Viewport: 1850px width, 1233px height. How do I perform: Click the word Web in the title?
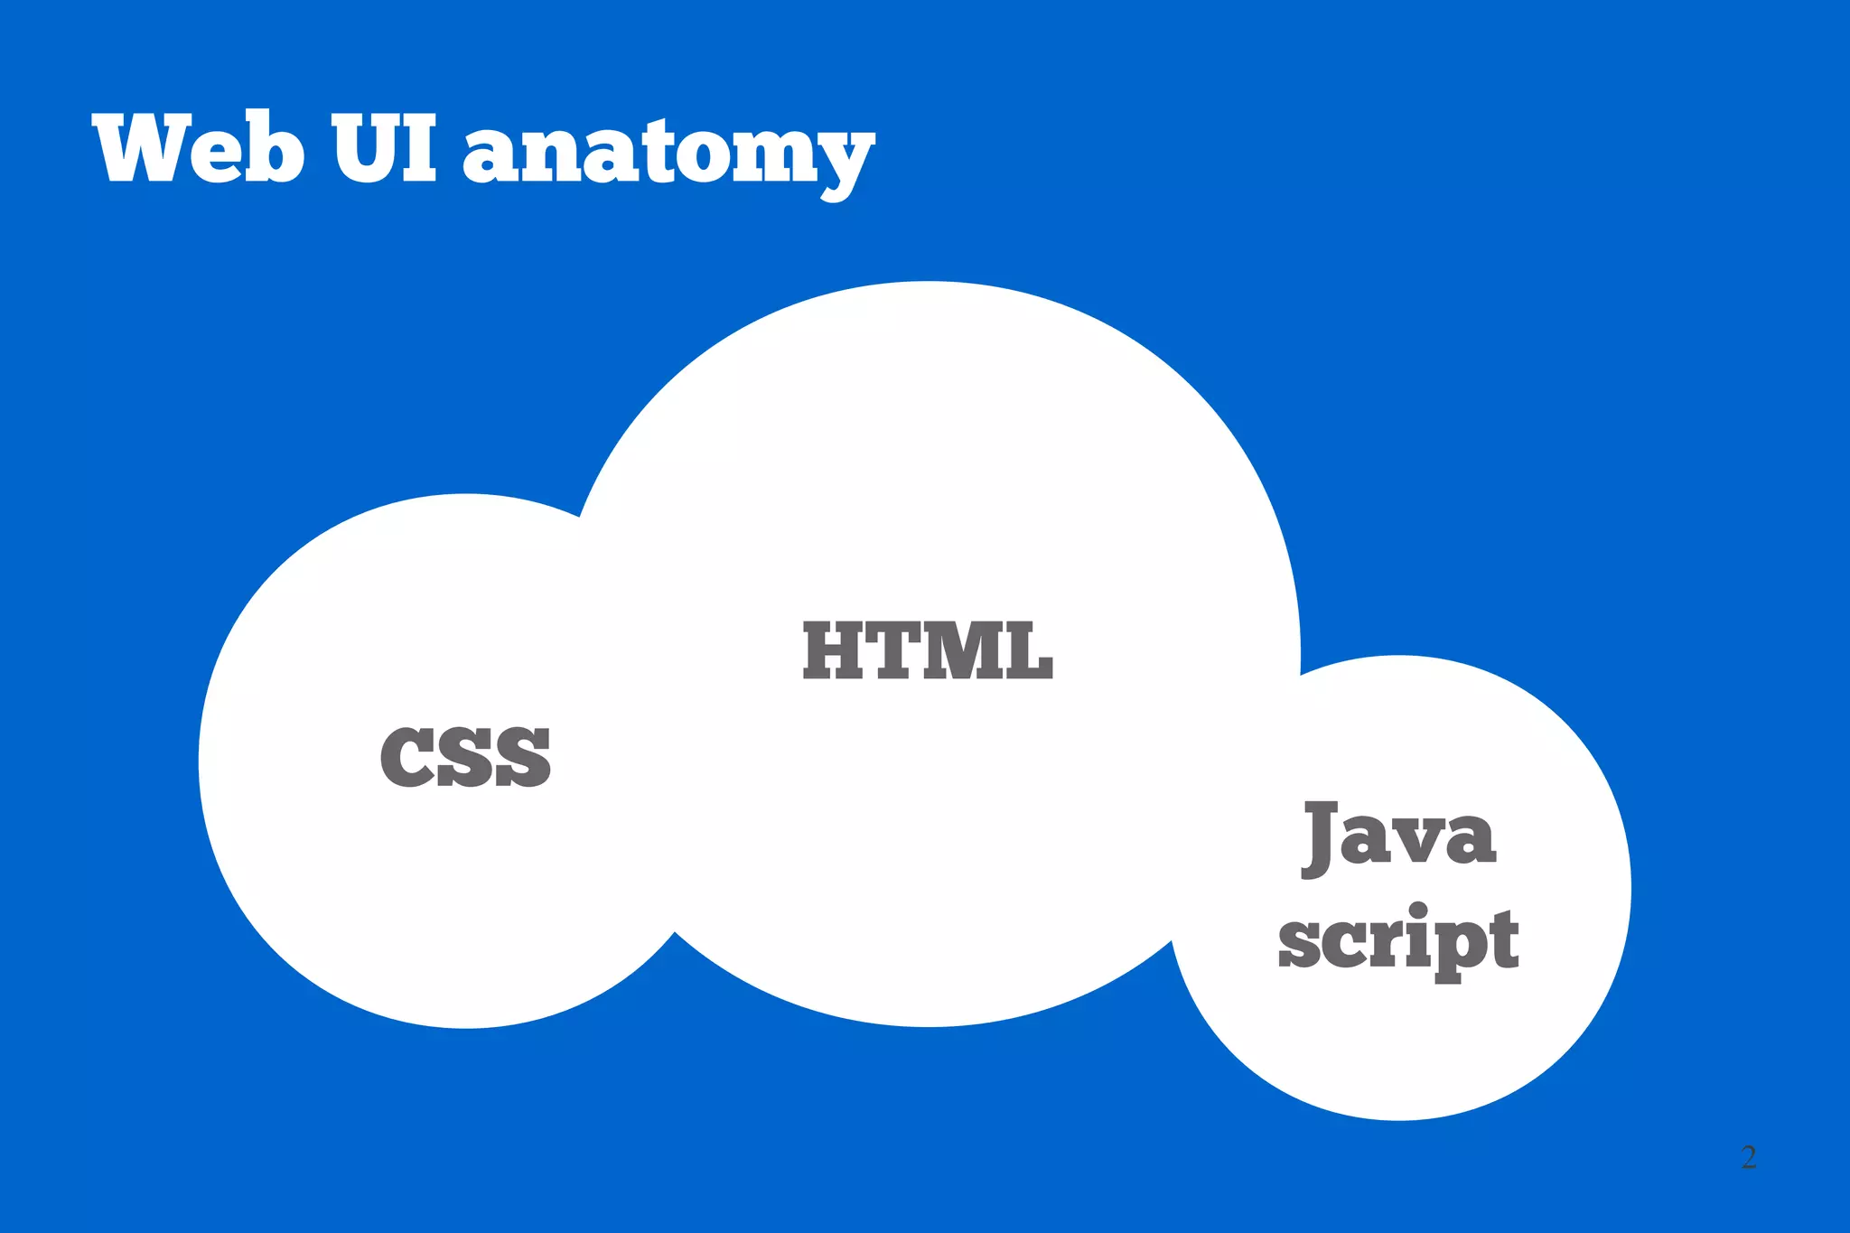tap(198, 148)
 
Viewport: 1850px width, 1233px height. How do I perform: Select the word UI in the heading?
tap(385, 148)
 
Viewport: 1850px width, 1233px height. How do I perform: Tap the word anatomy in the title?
tap(668, 154)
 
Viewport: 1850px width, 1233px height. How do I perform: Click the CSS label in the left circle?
tap(465, 757)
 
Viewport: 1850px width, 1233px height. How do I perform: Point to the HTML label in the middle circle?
tap(928, 650)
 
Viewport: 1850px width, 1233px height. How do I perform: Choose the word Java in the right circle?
tap(1398, 836)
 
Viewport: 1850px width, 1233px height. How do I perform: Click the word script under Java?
tap(1398, 941)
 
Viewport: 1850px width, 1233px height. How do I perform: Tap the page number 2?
tap(1749, 1157)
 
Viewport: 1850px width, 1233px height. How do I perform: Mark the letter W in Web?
tap(149, 148)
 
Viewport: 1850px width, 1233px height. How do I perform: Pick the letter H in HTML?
tap(836, 650)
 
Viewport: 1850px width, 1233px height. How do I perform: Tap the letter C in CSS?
tap(406, 757)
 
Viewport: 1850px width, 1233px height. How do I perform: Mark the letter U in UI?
tap(365, 148)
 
